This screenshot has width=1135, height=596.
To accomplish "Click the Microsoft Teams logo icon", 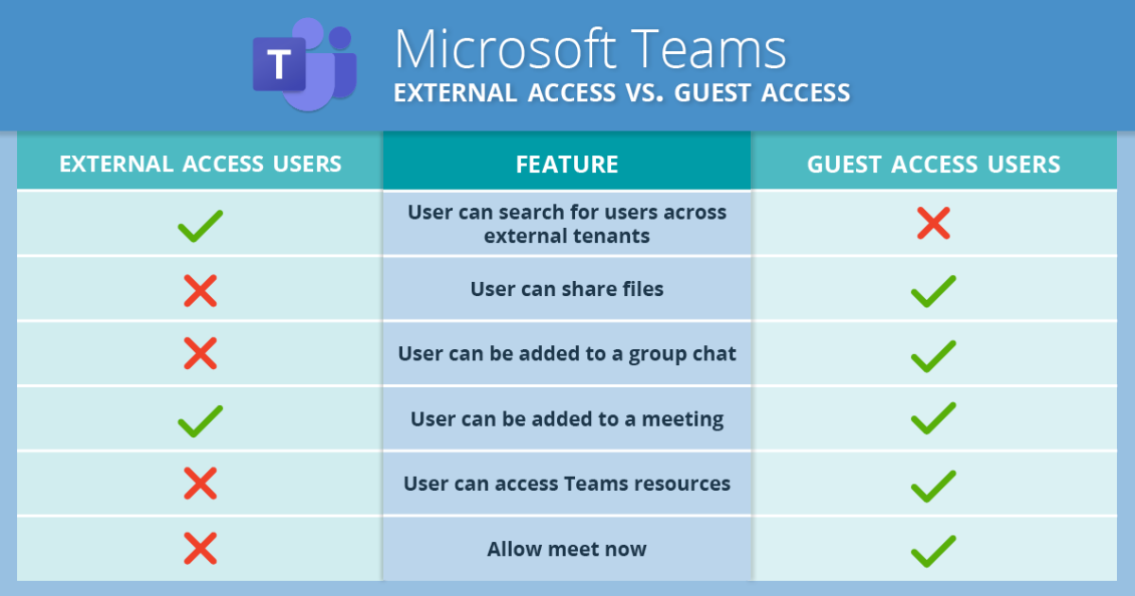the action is pyautogui.click(x=305, y=64).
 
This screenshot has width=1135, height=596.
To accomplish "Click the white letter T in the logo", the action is pyautogui.click(x=279, y=64).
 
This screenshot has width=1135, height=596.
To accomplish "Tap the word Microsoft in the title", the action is pyautogui.click(x=505, y=49).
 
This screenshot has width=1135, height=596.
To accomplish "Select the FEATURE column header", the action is pyautogui.click(x=567, y=165).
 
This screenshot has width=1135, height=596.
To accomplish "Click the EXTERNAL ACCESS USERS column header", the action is pyautogui.click(x=201, y=164).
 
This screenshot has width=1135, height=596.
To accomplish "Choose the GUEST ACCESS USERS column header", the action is pyautogui.click(x=934, y=165).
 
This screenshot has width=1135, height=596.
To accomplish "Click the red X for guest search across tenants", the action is pyautogui.click(x=934, y=223).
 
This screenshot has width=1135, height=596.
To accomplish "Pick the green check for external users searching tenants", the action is pyautogui.click(x=201, y=225).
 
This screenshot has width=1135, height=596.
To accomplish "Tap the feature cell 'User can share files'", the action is pyautogui.click(x=567, y=289).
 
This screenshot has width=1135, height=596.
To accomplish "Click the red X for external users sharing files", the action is pyautogui.click(x=201, y=291).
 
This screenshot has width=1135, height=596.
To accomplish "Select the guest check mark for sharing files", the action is pyautogui.click(x=934, y=291).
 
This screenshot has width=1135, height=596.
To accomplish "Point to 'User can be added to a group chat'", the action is pyautogui.click(x=567, y=354).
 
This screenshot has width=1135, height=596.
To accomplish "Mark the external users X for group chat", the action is pyautogui.click(x=201, y=353).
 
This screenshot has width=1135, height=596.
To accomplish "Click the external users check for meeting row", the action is pyautogui.click(x=201, y=421).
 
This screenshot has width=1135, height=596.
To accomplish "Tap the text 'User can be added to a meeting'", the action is pyautogui.click(x=567, y=419).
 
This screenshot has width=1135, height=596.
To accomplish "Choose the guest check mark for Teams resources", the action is pyautogui.click(x=934, y=486).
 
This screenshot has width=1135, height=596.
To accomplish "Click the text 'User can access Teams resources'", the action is pyautogui.click(x=567, y=483).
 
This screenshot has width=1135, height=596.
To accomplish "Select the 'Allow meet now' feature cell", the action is pyautogui.click(x=567, y=549).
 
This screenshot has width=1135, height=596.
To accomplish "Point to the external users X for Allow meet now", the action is pyautogui.click(x=201, y=549).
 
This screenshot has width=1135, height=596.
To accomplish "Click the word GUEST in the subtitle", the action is pyautogui.click(x=713, y=93).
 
